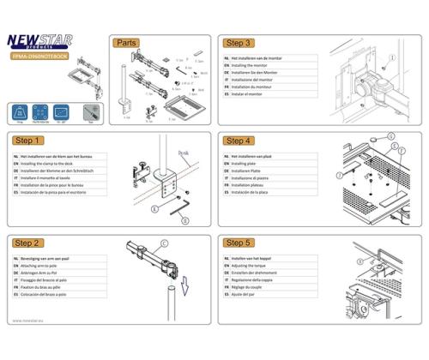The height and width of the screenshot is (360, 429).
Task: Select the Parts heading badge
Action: pos(127,42)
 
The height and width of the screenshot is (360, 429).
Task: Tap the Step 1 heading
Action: pos(29,140)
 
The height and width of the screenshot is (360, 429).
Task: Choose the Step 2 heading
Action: pos(29,243)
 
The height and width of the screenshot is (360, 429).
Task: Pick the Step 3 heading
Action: pos(239,42)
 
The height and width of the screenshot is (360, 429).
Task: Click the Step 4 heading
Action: pos(239,140)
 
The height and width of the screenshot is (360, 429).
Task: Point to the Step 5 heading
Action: pos(239,243)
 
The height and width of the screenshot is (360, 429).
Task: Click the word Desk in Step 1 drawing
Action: pos(183,153)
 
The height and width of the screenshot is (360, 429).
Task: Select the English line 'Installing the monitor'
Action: pos(257,65)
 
